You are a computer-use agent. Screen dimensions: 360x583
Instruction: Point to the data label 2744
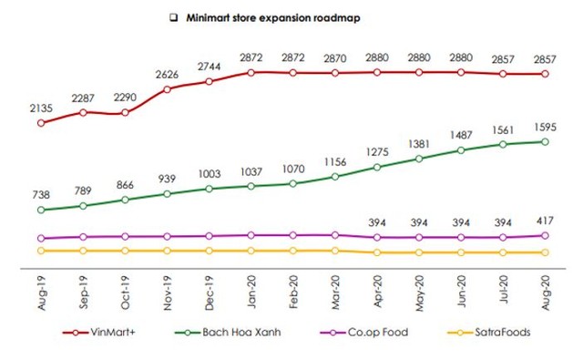click(x=209, y=66)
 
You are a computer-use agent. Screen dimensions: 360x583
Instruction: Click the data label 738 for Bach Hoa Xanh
click(x=40, y=193)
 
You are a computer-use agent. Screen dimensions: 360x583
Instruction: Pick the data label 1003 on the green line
click(x=209, y=172)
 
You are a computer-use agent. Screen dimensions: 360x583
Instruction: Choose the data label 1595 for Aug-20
click(x=545, y=125)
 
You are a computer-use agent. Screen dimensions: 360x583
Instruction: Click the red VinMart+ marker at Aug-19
click(x=40, y=121)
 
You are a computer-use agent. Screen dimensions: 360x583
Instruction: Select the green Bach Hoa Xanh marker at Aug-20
click(x=545, y=142)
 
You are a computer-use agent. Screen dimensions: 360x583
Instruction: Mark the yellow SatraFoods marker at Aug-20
click(x=545, y=252)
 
